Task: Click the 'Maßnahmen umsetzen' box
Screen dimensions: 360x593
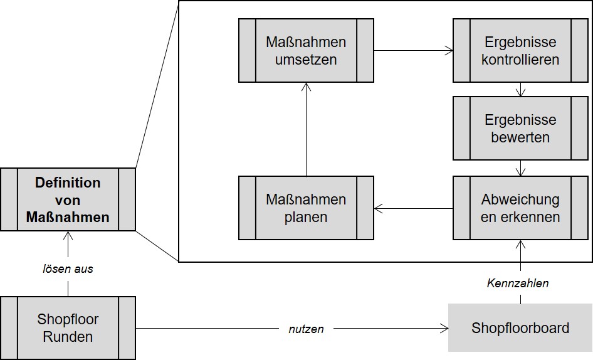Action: coord(306,50)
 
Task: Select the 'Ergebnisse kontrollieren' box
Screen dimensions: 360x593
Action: coord(520,50)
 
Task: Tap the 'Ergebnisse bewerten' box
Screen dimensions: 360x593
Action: coord(520,128)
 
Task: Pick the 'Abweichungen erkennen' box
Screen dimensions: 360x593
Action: coord(520,208)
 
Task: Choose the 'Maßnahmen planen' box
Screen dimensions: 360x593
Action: coord(306,208)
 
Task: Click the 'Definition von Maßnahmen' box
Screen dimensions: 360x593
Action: coord(68,199)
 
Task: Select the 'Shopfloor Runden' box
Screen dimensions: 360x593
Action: coord(68,328)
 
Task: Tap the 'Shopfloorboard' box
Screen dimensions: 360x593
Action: coord(520,328)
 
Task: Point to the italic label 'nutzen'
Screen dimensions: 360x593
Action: coord(306,328)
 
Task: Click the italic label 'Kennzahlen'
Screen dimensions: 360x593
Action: coord(518,283)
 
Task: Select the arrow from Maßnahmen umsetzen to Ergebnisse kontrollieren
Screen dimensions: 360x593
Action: coord(414,50)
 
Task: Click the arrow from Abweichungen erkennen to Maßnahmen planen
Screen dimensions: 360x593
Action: coord(414,208)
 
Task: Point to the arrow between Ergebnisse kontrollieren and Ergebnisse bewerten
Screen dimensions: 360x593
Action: coord(520,89)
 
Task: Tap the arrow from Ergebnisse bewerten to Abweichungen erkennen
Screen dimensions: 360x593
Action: coord(520,168)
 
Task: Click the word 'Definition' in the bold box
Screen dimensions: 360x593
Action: coord(68,183)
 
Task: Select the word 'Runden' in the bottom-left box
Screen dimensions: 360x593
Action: coord(68,337)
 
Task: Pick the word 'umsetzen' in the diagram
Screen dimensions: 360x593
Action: coord(306,60)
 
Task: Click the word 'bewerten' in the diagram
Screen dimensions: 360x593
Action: coord(520,137)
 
